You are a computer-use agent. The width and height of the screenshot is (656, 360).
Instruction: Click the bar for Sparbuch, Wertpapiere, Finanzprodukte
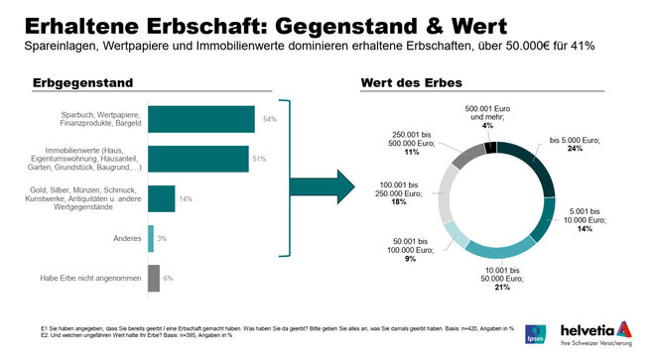(201, 119)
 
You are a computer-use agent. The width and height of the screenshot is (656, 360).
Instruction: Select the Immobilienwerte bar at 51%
(198, 159)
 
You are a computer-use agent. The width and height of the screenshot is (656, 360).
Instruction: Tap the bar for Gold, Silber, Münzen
(162, 198)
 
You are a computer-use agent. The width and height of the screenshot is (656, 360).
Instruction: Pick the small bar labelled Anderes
(151, 238)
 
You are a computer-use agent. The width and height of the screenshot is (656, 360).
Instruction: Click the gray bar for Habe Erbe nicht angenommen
(154, 278)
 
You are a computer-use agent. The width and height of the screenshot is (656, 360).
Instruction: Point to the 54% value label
(269, 119)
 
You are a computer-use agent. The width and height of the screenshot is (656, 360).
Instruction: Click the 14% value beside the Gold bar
(186, 198)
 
